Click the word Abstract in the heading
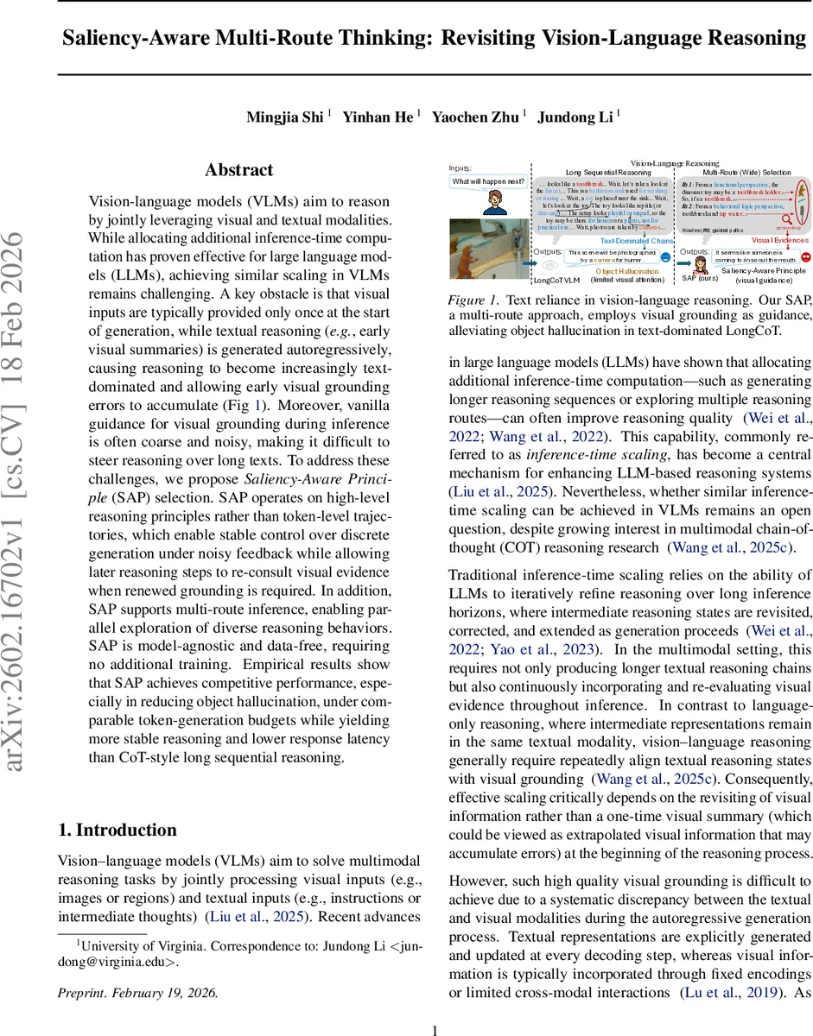pyautogui.click(x=238, y=170)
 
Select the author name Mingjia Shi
pyautogui.click(x=286, y=117)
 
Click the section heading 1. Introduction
pyautogui.click(x=117, y=830)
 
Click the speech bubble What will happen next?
pyautogui.click(x=489, y=182)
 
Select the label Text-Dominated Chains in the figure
pyautogui.click(x=637, y=241)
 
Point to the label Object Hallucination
pyautogui.click(x=626, y=270)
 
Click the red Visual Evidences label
pyautogui.click(x=778, y=240)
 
